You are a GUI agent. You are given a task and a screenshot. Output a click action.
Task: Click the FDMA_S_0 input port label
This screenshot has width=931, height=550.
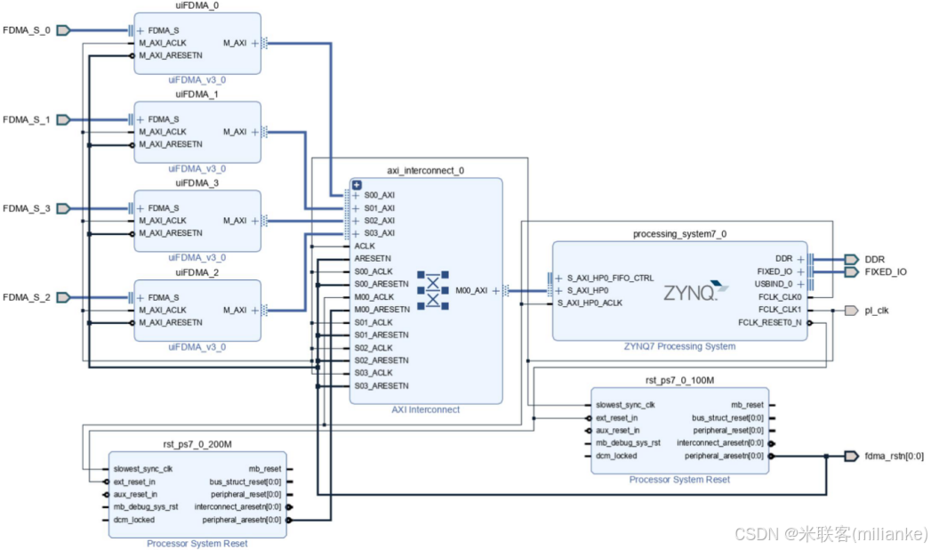pos(26,29)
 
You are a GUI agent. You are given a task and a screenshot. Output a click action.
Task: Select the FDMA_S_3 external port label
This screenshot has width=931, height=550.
pos(26,208)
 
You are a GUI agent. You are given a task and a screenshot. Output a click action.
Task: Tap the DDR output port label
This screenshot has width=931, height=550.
pos(874,259)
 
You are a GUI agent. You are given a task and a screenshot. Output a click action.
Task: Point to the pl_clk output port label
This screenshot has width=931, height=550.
pos(876,311)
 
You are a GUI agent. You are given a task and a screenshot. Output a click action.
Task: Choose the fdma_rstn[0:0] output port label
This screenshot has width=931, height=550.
pos(894,456)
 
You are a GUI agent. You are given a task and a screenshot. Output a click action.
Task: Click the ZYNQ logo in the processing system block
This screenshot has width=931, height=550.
pos(690,292)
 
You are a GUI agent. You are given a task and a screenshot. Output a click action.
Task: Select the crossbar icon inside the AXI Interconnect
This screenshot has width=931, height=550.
pos(433,290)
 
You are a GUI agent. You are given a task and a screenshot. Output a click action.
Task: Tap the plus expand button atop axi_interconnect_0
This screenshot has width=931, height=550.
pos(357,184)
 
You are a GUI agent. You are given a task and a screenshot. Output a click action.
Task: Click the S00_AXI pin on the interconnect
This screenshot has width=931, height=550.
pos(379,195)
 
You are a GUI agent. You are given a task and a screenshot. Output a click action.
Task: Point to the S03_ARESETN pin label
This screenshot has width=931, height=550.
pos(381,385)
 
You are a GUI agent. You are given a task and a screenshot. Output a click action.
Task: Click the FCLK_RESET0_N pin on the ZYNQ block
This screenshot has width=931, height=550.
pos(769,322)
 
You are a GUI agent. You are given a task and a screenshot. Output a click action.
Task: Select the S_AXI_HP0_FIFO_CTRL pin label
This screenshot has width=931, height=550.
pos(610,278)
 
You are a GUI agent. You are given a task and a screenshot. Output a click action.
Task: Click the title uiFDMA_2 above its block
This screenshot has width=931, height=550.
pos(197,272)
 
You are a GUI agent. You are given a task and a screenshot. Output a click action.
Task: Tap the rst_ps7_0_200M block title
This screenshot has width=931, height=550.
pos(197,443)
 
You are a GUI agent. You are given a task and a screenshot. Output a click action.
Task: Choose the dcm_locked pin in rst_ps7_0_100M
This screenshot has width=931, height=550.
pos(616,456)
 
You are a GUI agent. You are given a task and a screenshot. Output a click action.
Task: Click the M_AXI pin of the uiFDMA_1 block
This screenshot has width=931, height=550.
pos(235,132)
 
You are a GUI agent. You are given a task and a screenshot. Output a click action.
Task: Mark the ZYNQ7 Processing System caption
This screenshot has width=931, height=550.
pos(679,346)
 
